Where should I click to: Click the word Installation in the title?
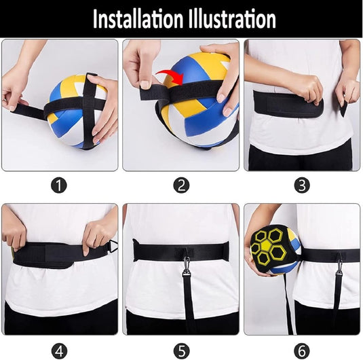pos(138,18)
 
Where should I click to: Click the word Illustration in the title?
pos(232,18)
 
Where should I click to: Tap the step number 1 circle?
pos(59,185)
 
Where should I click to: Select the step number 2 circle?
pos(181,185)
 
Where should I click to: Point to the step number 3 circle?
pos(302,185)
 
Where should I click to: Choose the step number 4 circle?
pos(59,350)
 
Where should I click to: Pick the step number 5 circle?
pos(182,350)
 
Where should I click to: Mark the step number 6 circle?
pos(302,350)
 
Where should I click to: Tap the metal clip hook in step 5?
pos(186,262)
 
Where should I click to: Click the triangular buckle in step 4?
pos(113,246)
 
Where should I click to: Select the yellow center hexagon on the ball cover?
pos(267,245)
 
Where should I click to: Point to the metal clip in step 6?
pos(339,264)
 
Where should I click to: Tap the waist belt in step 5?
pos(181,251)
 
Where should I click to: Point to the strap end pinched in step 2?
pos(151,91)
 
